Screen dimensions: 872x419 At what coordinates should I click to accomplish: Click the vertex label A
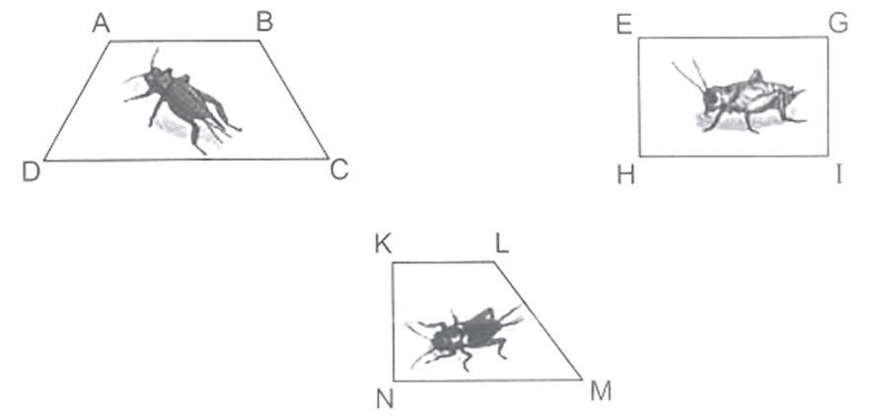(x=101, y=24)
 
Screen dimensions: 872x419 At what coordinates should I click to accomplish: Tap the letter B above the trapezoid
(x=264, y=24)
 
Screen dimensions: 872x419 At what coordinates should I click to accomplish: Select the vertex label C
(x=339, y=170)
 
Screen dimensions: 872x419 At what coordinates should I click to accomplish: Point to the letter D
(x=32, y=173)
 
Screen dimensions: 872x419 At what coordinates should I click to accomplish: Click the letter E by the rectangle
(x=624, y=25)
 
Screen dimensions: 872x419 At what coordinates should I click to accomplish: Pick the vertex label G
(x=838, y=24)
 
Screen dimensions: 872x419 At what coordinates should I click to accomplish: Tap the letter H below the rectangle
(x=625, y=175)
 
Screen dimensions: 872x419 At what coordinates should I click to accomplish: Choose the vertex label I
(x=838, y=175)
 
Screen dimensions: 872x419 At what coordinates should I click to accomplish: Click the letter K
(x=383, y=244)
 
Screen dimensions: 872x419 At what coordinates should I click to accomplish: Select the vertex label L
(x=502, y=244)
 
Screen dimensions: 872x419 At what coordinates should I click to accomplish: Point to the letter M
(x=601, y=392)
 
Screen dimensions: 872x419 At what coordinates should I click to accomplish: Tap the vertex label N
(x=385, y=399)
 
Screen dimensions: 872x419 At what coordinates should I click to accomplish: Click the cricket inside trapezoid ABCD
(x=182, y=102)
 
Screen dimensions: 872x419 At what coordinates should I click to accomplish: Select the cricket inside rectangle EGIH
(x=739, y=100)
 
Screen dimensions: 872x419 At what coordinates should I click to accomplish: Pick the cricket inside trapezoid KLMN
(x=465, y=338)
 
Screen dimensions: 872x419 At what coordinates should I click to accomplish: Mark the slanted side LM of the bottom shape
(x=539, y=320)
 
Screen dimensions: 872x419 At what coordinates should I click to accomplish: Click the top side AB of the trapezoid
(x=184, y=40)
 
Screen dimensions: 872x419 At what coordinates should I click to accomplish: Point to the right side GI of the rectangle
(x=828, y=97)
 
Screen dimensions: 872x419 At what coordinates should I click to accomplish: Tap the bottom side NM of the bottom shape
(x=487, y=381)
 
